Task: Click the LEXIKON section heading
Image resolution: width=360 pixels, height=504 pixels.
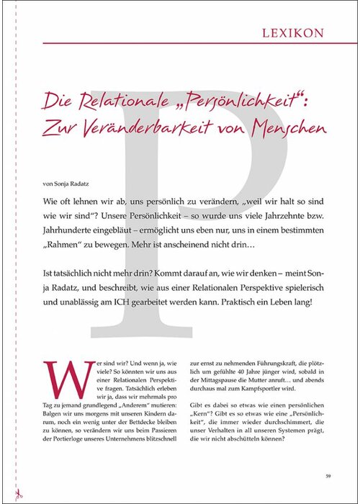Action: tap(289, 32)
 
